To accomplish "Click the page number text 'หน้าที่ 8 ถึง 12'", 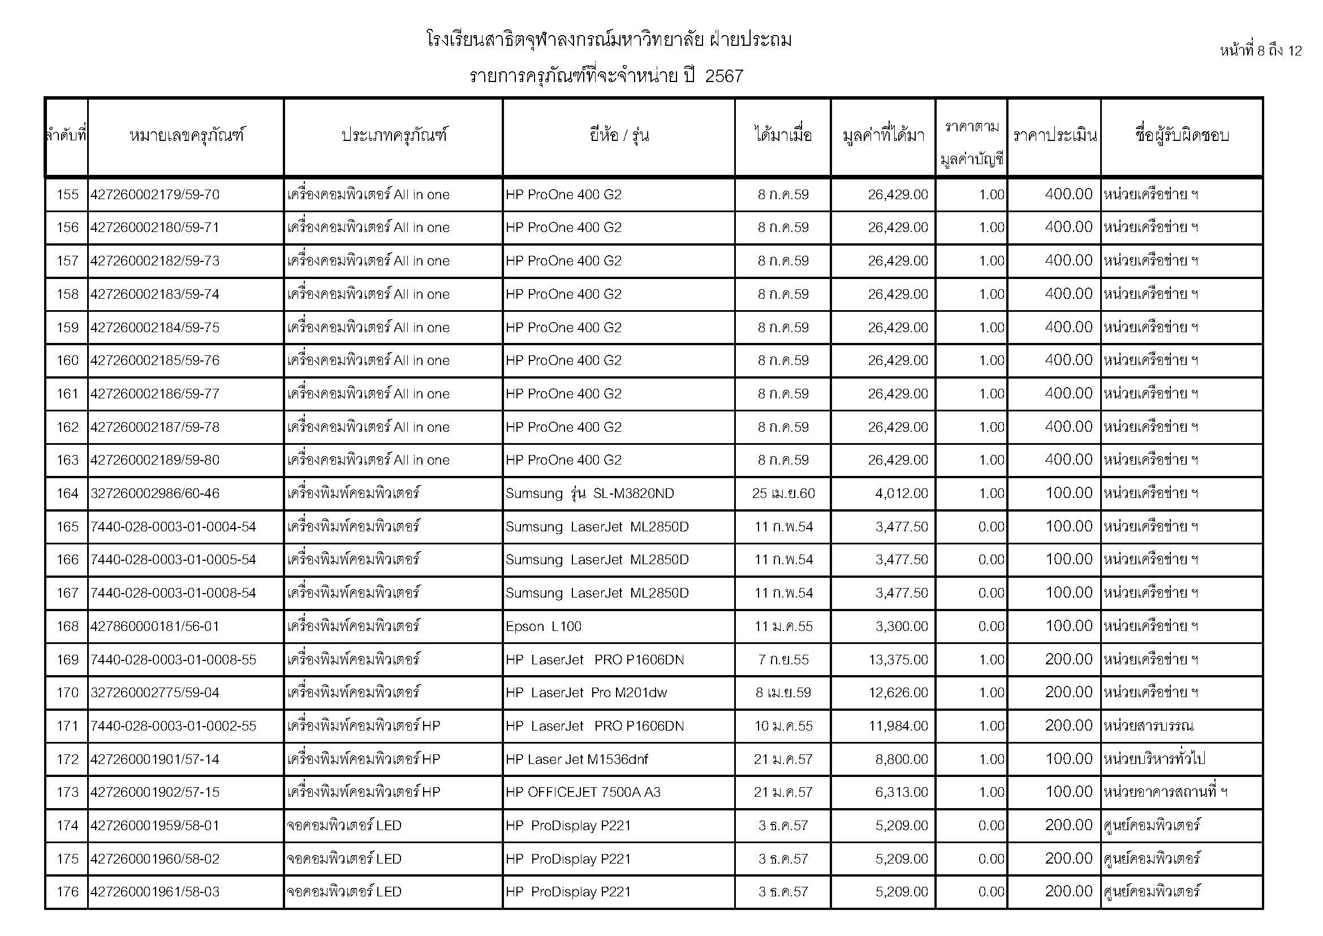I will coord(1260,51).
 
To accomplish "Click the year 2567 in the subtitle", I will coord(724,76).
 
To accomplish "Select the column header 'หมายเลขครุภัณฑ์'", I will coord(186,136).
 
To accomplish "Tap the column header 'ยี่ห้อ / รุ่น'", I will coord(619,136).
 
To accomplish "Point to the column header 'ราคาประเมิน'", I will coord(1054,136).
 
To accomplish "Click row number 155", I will coord(67,195).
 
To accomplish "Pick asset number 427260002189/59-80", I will coord(155,461).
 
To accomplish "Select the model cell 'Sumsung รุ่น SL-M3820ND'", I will coord(589,493).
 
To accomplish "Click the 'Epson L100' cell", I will coord(544,626).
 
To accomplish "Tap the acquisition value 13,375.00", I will coord(898,660).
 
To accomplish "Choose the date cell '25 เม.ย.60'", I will coord(783,493).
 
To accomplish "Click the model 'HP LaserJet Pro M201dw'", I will coord(586,693).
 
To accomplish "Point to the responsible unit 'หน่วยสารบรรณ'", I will coord(1148,726).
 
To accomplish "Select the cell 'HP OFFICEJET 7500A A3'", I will coord(583,792).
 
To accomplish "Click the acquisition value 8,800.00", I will coord(902,759).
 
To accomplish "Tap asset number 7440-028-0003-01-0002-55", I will coord(174,726).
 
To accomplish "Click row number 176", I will coord(67,892).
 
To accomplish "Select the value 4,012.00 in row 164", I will coord(902,493).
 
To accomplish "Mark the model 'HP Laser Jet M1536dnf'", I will coord(577,759).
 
